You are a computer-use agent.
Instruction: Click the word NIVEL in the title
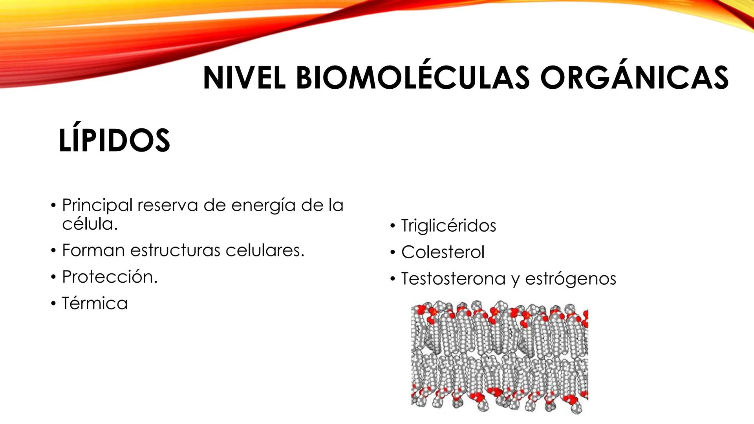(244, 78)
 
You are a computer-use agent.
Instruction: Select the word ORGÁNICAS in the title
(634, 78)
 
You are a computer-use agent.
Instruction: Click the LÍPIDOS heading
(114, 141)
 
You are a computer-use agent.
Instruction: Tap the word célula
(90, 224)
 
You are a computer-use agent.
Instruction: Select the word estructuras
(175, 250)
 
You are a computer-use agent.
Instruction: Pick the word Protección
(110, 277)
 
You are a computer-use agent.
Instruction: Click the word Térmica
(95, 303)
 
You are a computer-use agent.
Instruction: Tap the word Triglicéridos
(448, 226)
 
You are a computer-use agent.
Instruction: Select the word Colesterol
(443, 252)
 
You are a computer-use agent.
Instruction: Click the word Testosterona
(453, 279)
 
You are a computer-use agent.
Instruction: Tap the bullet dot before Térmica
(53, 303)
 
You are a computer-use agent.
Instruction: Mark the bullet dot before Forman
(53, 250)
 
